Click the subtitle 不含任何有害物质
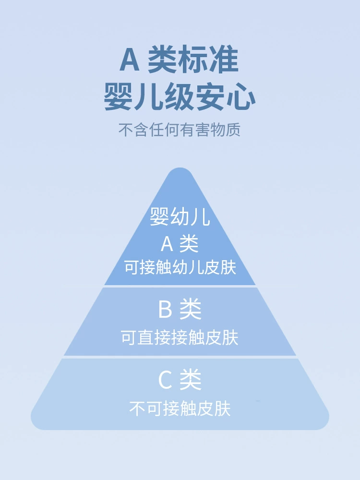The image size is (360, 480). [180, 130]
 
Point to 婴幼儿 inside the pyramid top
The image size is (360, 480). [180, 217]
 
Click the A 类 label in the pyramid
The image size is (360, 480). [180, 244]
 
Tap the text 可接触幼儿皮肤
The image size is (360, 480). [180, 267]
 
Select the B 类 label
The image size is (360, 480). [180, 309]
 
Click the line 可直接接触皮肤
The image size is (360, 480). [180, 337]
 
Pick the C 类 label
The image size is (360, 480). [180, 380]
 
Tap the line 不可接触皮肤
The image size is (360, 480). [180, 408]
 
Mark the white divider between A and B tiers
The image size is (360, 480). [180, 286]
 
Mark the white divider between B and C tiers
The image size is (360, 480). [180, 357]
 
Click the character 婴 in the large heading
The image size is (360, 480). [119, 96]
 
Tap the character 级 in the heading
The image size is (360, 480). [180, 96]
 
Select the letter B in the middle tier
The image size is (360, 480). [165, 309]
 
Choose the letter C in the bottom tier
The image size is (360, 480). [165, 380]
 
